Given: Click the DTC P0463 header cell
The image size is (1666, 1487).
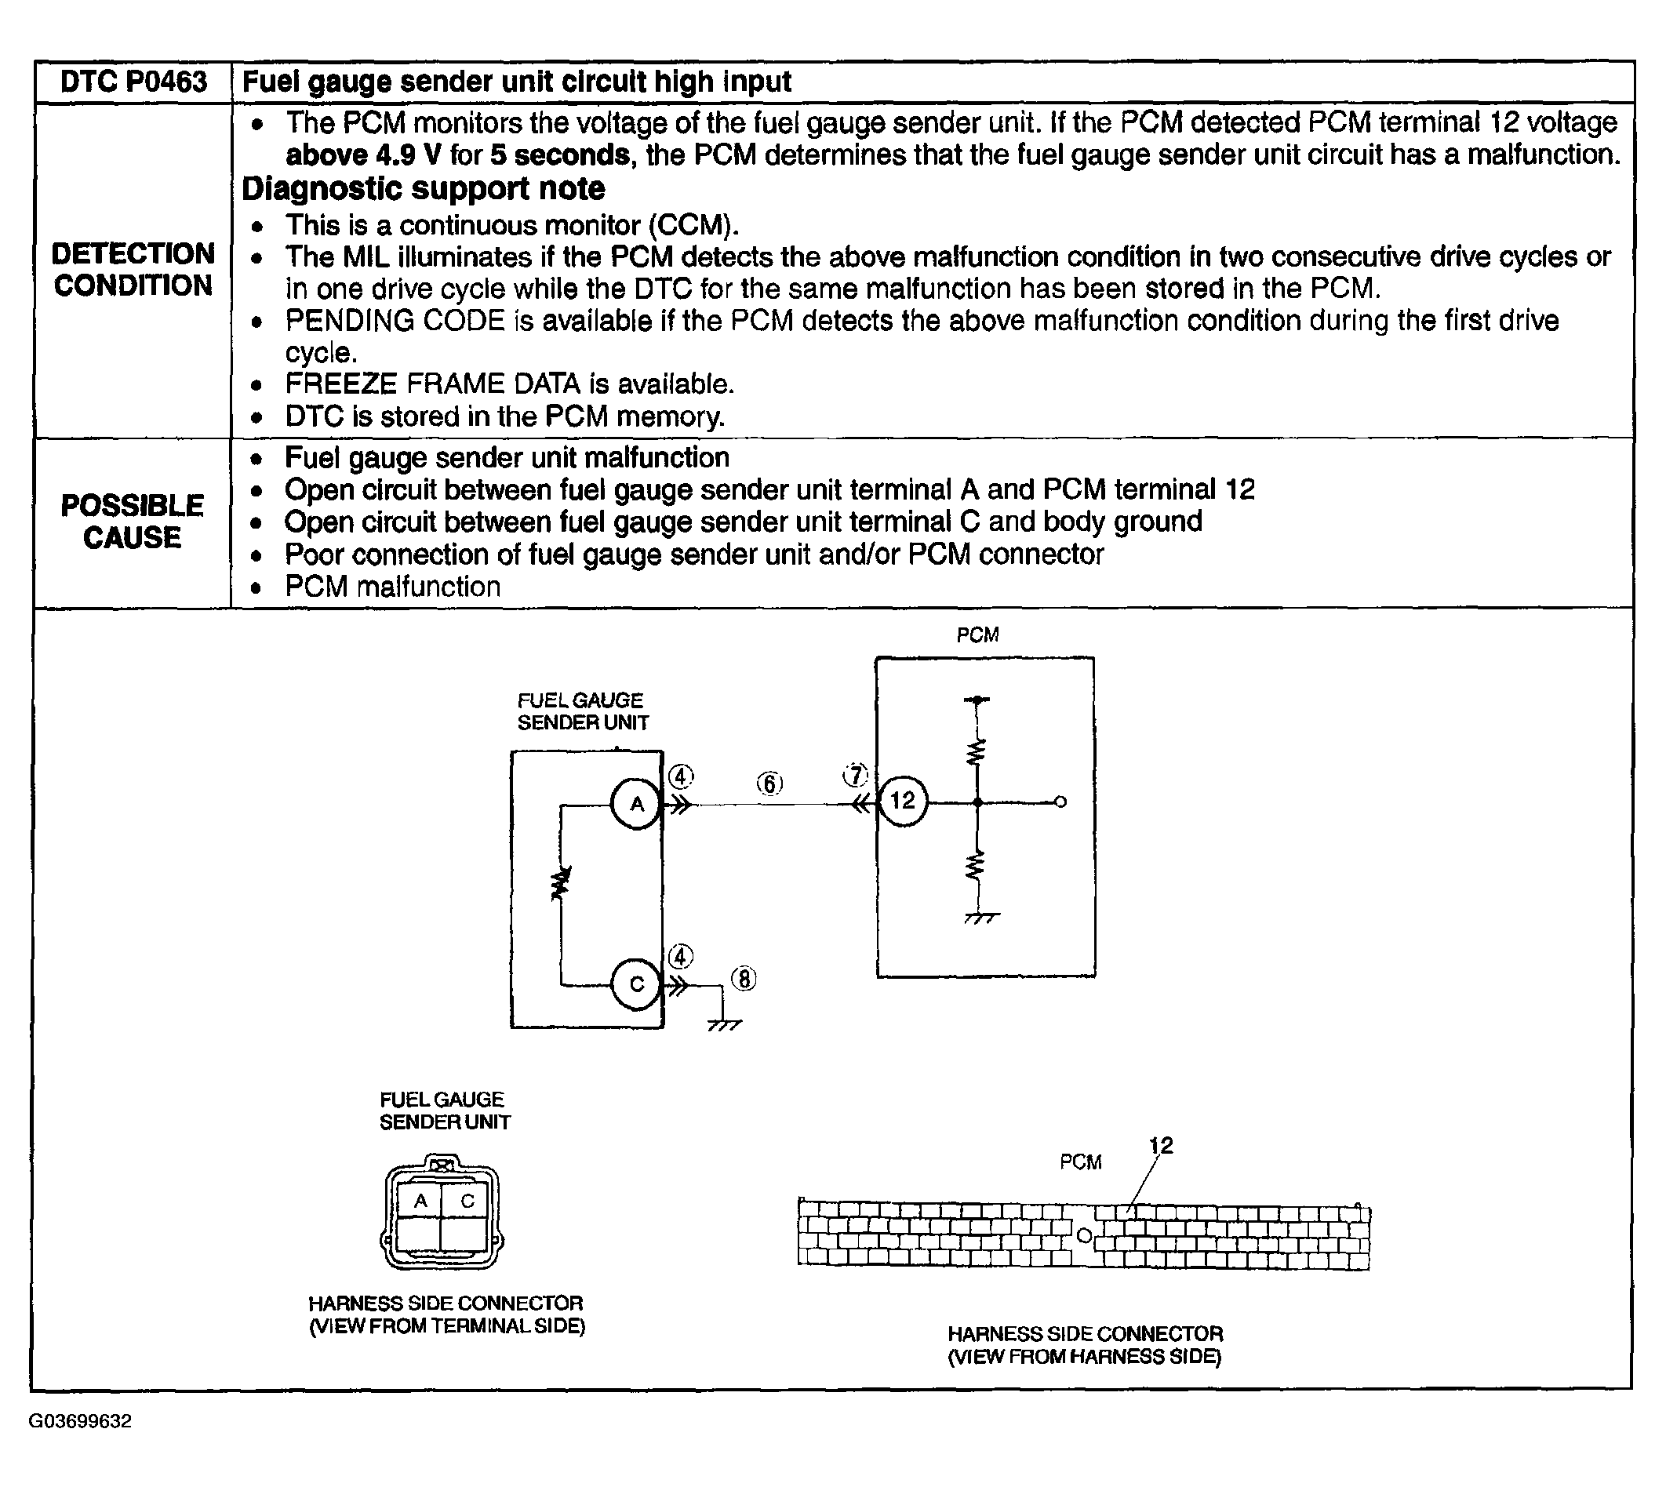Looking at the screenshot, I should click(x=133, y=82).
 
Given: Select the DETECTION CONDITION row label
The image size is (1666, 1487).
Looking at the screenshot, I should click(x=133, y=270).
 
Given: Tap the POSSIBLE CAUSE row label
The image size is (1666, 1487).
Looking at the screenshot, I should click(x=133, y=522).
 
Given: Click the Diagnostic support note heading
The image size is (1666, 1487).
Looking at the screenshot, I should click(x=424, y=189).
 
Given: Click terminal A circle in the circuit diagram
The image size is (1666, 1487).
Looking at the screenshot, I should click(x=636, y=804).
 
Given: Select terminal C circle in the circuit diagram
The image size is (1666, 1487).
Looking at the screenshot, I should click(x=636, y=984).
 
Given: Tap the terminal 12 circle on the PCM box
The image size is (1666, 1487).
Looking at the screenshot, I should click(x=902, y=801).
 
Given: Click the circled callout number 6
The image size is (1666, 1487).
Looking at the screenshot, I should click(x=769, y=784).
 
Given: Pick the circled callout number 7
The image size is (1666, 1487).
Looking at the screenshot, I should click(x=856, y=775).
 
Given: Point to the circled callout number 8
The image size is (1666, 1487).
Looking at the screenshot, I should click(x=744, y=978).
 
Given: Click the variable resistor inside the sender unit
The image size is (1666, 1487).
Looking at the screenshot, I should click(x=562, y=884).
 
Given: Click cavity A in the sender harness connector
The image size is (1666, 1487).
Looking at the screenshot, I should click(x=420, y=1200).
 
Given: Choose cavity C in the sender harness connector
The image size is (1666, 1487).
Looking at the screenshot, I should click(x=467, y=1200).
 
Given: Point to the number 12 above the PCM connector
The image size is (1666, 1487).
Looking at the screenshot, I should click(x=1160, y=1145).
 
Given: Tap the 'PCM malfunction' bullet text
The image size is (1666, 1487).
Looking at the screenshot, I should click(x=392, y=587).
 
